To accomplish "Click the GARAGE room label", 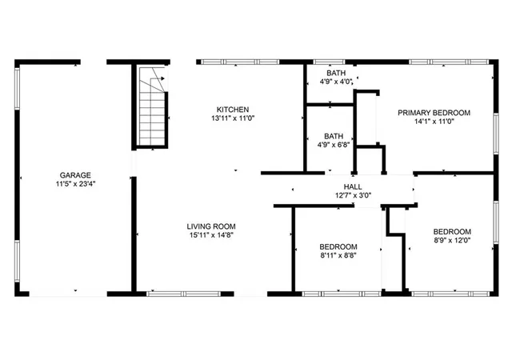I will pyautogui.click(x=74, y=174).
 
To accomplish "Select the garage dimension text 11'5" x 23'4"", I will pyautogui.click(x=74, y=183).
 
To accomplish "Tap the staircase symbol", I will pyautogui.click(x=153, y=107).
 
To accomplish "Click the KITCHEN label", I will pyautogui.click(x=233, y=110).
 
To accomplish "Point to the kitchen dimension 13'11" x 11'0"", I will pyautogui.click(x=233, y=118).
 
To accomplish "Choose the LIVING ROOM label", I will pyautogui.click(x=212, y=226).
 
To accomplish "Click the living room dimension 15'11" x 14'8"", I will pyautogui.click(x=212, y=235).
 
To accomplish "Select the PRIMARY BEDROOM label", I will pyautogui.click(x=434, y=113).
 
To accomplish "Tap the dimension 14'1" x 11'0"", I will pyautogui.click(x=434, y=122).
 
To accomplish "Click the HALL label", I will pyautogui.click(x=353, y=186).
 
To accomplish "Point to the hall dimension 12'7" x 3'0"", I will pyautogui.click(x=353, y=195).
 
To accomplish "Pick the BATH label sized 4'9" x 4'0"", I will pyautogui.click(x=335, y=73).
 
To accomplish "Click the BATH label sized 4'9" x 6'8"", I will pyautogui.click(x=334, y=137).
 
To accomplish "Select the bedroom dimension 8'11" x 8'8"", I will pyautogui.click(x=338, y=256).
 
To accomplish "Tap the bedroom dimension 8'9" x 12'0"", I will pyautogui.click(x=452, y=240).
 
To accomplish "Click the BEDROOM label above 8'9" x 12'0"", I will pyautogui.click(x=452, y=231).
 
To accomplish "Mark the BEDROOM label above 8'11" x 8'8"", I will pyautogui.click(x=338, y=247).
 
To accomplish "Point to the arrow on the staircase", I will pyautogui.click(x=161, y=78).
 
